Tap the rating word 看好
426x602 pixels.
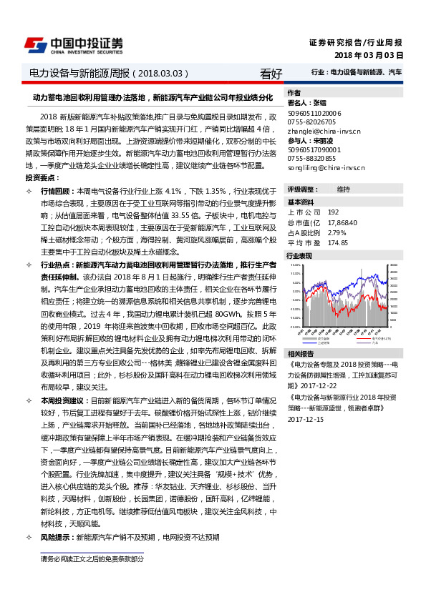[x=271, y=73]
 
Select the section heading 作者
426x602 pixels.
[x=294, y=93]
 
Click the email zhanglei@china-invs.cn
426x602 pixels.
[x=324, y=132]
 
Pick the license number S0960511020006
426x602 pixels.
[x=314, y=113]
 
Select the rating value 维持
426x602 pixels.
[x=343, y=189]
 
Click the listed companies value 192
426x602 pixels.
[x=333, y=213]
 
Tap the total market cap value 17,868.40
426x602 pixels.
[x=342, y=223]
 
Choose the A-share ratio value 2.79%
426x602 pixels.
[x=337, y=232]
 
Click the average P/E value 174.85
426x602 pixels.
[x=338, y=242]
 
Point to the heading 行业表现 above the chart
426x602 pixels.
[x=299, y=255]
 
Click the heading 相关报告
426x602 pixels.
[x=299, y=354]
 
